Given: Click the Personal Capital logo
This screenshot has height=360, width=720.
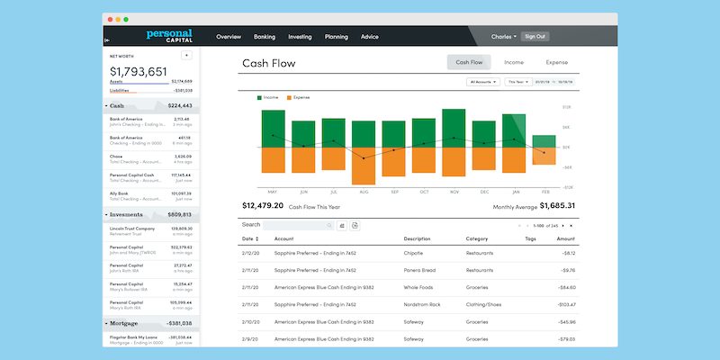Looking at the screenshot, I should pyautogui.click(x=169, y=36).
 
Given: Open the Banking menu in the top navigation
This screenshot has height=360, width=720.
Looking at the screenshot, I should pyautogui.click(x=265, y=37).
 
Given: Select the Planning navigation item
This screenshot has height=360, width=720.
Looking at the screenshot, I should pyautogui.click(x=336, y=37).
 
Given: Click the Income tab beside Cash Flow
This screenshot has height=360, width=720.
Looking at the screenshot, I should pyautogui.click(x=514, y=63).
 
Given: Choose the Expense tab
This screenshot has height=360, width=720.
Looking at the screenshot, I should pyautogui.click(x=556, y=63).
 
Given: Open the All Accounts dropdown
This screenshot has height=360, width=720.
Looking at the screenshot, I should pyautogui.click(x=483, y=82).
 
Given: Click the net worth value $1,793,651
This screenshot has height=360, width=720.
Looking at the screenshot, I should pyautogui.click(x=139, y=71).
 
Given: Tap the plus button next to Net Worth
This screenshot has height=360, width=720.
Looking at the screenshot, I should pyautogui.click(x=186, y=55).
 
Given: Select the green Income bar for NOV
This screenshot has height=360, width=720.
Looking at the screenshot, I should pyautogui.click(x=454, y=128).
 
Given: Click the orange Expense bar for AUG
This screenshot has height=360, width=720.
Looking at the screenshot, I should pyautogui.click(x=363, y=166).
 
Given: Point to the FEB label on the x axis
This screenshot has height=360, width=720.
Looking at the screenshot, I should pyautogui.click(x=544, y=192).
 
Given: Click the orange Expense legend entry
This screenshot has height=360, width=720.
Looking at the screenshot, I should pyautogui.click(x=298, y=96).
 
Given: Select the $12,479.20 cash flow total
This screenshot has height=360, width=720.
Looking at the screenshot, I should pyautogui.click(x=263, y=206).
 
